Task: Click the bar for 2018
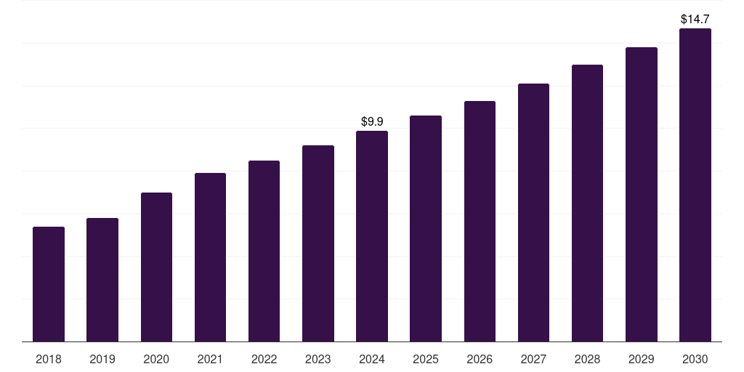(x=49, y=284)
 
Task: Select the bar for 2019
(x=102, y=280)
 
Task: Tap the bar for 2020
(x=156, y=267)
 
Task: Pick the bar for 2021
(x=210, y=257)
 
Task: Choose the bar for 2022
(x=264, y=251)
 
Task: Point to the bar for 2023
(x=318, y=243)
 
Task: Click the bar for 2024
(x=372, y=236)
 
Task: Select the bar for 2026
(x=480, y=221)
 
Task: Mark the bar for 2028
(x=587, y=203)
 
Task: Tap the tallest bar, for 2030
(x=695, y=185)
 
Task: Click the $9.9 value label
(x=372, y=121)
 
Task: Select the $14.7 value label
(x=695, y=19)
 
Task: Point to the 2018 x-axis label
(x=49, y=359)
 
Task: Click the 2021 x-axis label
(x=210, y=359)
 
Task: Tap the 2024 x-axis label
(x=372, y=359)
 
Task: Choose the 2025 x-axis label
(x=426, y=359)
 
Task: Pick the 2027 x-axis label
(x=533, y=359)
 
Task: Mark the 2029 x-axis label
(x=641, y=359)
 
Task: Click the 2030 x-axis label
(x=695, y=359)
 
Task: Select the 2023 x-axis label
(x=318, y=359)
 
